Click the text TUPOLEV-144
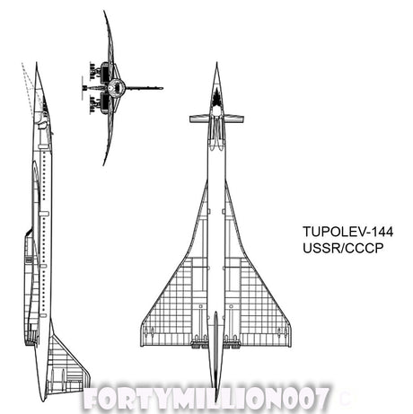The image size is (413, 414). [347, 232]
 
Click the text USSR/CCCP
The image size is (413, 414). [343, 248]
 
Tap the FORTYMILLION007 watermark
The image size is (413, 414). [206, 399]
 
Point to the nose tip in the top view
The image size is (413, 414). [216, 63]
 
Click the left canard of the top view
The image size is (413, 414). [198, 119]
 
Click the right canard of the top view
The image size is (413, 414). [234, 119]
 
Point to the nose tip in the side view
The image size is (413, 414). [37, 63]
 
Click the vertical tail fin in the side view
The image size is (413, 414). [67, 366]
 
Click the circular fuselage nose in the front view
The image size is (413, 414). [116, 87]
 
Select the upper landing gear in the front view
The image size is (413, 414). [95, 71]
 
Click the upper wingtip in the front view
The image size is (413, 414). [104, 12]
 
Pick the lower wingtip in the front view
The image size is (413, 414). [104, 164]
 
